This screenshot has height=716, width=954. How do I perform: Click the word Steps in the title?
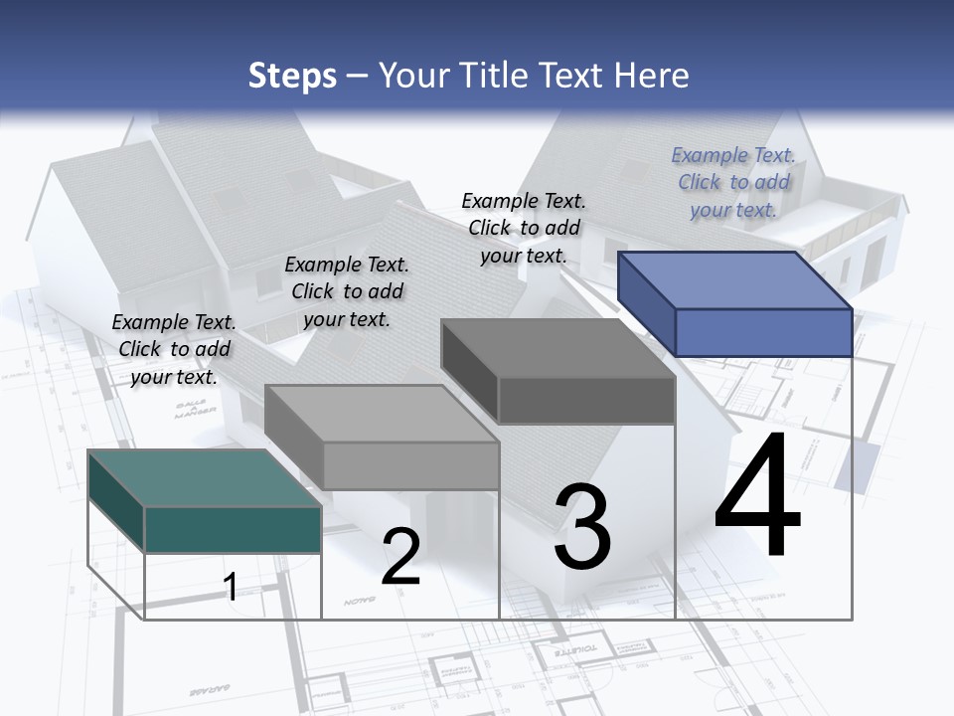coord(292,76)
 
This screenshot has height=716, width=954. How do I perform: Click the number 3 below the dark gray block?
coord(582,527)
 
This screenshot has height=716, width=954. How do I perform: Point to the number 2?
coord(400,557)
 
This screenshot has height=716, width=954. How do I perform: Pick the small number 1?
coord(231,587)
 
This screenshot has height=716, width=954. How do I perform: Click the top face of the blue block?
coord(735,280)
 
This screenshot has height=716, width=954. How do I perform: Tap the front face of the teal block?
coord(233,529)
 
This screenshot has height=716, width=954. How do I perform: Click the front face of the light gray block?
coord(410,465)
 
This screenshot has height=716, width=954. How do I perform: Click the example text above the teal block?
coord(174,349)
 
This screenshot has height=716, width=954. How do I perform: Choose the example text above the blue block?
coord(733,182)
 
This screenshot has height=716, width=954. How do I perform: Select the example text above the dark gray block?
coord(524,228)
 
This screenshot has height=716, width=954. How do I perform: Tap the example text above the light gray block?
coord(347,291)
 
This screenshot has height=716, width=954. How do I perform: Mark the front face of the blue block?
coord(763,332)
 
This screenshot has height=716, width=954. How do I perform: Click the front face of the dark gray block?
coord(586,401)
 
